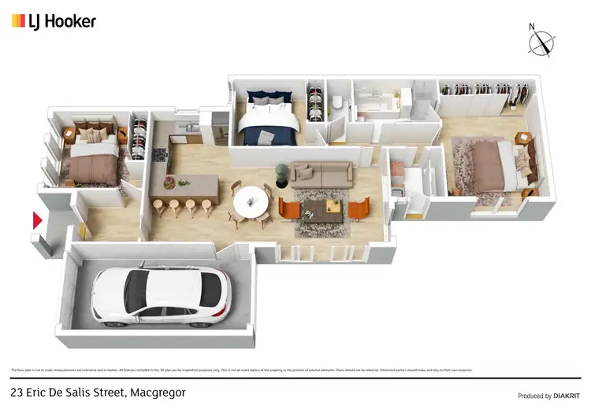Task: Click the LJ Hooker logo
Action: pyautogui.click(x=54, y=21)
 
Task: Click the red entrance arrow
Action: pyautogui.click(x=36, y=220)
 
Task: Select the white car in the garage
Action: pyautogui.click(x=161, y=297)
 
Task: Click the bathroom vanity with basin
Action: pyautogui.click(x=378, y=103)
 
